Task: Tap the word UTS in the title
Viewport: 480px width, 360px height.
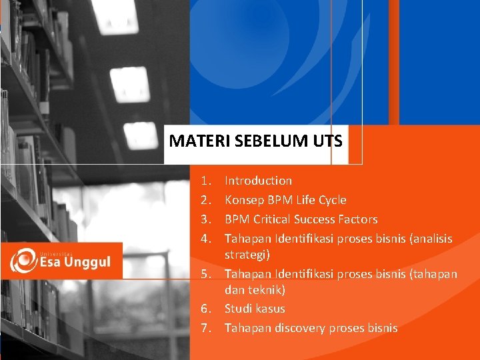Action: click(326, 141)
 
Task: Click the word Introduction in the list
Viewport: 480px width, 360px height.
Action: click(258, 181)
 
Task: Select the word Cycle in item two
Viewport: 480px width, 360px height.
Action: click(332, 200)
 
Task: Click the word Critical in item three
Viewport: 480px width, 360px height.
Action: click(272, 219)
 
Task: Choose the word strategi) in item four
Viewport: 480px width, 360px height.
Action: click(247, 255)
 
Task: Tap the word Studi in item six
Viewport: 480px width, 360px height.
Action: click(238, 309)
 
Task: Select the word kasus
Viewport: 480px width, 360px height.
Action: click(270, 309)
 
